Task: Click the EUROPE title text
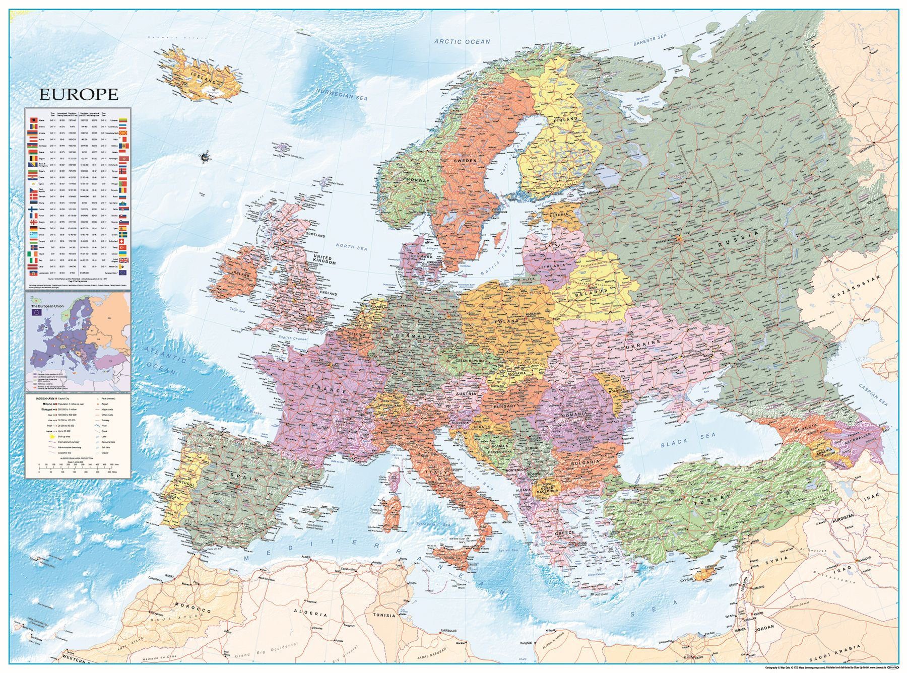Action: click(x=79, y=94)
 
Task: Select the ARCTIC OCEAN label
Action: click(x=462, y=41)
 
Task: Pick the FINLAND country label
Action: click(x=566, y=121)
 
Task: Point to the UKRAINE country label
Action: click(x=643, y=342)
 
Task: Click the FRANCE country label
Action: click(x=329, y=389)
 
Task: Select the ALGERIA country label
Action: click(x=311, y=615)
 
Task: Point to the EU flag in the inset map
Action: click(x=36, y=312)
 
